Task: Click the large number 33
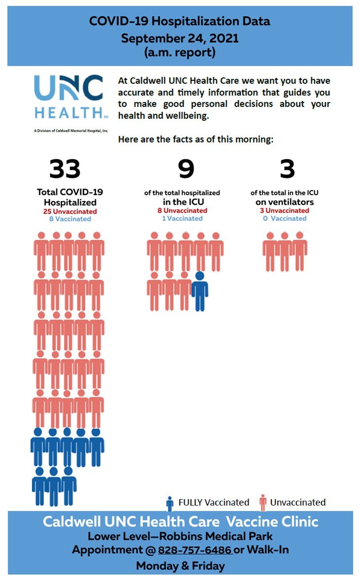[65, 169]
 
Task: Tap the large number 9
[186, 169]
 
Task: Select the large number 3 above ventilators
[287, 169]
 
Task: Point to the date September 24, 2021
[180, 38]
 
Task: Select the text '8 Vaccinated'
[70, 218]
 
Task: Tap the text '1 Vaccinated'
[182, 218]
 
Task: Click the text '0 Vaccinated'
[285, 218]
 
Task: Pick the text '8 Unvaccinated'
[182, 211]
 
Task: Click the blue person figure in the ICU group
[200, 291]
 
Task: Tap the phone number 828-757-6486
[195, 550]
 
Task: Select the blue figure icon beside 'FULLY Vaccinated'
[170, 503]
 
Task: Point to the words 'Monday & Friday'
[180, 566]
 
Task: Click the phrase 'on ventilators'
[285, 202]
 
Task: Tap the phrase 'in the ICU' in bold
[182, 202]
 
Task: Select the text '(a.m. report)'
[180, 53]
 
